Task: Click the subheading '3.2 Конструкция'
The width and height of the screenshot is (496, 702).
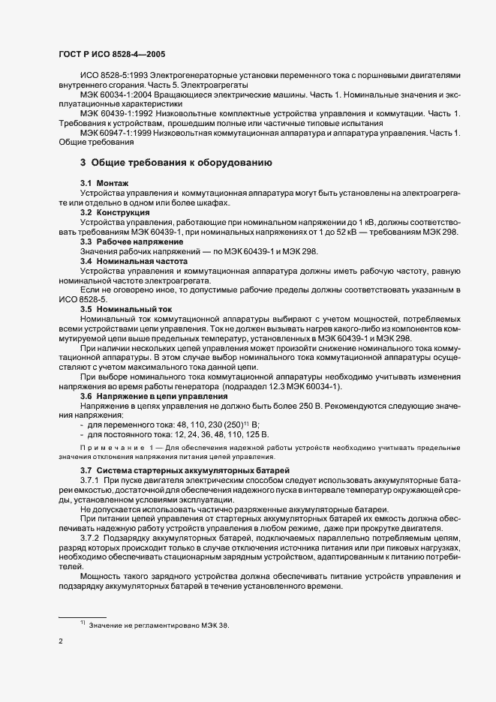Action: click(x=114, y=213)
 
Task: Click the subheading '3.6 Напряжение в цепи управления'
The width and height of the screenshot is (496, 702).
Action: click(x=153, y=395)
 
